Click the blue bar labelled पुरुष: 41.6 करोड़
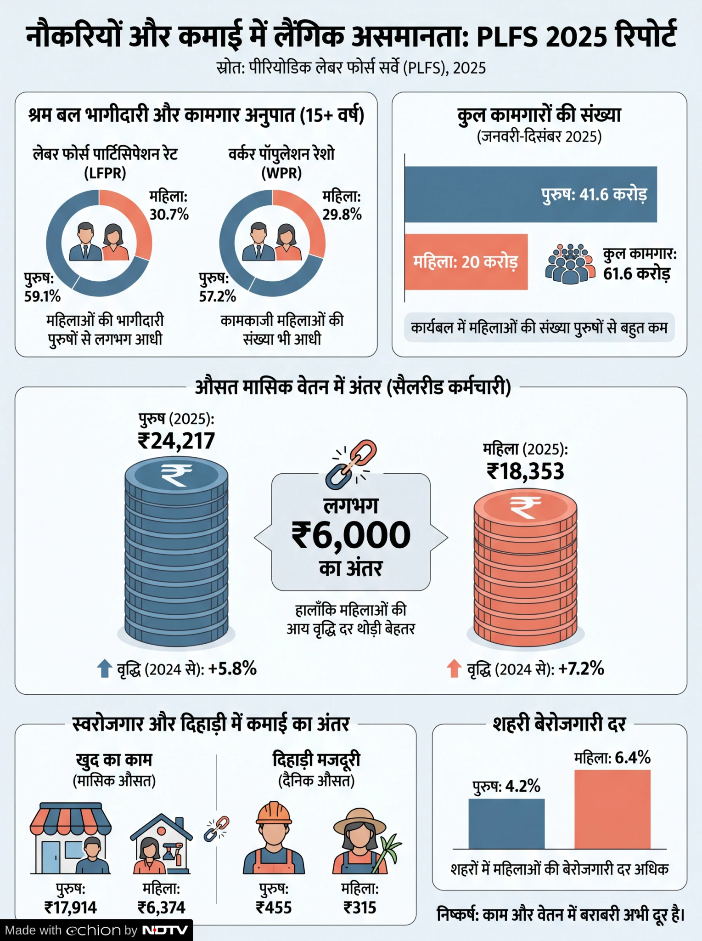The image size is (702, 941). [530, 194]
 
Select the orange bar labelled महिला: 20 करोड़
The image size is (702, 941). [466, 262]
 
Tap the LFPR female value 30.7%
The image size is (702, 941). [169, 215]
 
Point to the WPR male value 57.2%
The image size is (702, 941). [217, 296]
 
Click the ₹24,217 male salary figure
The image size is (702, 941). [176, 441]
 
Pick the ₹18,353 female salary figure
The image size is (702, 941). [525, 471]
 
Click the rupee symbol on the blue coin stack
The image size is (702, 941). [176, 475]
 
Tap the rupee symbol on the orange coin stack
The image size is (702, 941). [525, 506]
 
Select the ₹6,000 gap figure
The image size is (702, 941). [351, 535]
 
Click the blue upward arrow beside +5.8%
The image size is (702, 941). [105, 669]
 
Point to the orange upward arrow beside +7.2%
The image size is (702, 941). [454, 669]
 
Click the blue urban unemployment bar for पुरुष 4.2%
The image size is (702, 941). [506, 824]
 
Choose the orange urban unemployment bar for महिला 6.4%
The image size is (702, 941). [612, 809]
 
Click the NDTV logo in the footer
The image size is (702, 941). [165, 930]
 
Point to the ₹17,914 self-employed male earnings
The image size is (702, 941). [71, 908]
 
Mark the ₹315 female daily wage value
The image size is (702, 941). [360, 908]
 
